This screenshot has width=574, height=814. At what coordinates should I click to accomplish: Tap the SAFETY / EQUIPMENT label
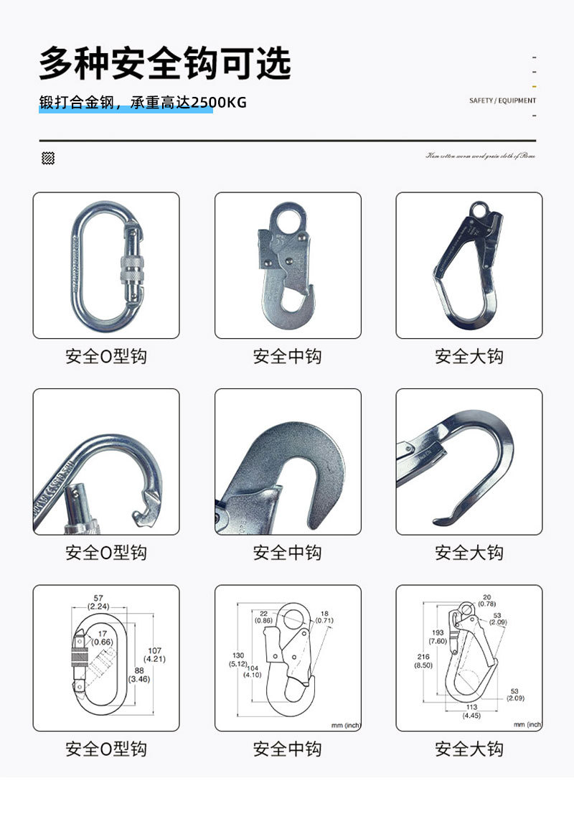502,101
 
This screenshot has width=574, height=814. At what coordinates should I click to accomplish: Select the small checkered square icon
49,159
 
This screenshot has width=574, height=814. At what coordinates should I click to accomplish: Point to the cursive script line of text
480,156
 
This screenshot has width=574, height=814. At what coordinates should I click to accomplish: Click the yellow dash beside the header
535,86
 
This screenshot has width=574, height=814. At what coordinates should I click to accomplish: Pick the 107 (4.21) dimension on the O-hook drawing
155,654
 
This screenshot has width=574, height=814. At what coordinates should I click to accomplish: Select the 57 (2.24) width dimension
98,602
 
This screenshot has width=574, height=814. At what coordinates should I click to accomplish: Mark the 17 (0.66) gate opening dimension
103,637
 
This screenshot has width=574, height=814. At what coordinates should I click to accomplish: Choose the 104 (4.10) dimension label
251,670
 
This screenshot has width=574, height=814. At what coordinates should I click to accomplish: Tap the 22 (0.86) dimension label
263,615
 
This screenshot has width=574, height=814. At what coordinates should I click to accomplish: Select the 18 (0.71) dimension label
324,615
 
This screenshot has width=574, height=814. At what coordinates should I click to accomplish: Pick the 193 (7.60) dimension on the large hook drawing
438,636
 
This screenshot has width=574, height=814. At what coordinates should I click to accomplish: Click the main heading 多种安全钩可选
164,63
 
